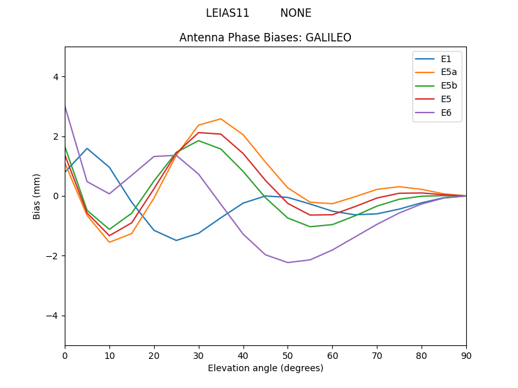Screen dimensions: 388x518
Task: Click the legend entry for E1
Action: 445,59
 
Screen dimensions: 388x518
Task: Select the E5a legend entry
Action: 449,72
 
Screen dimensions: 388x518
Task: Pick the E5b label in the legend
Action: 449,86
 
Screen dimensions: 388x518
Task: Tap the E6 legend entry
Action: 445,113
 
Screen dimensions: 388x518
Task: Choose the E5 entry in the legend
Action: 445,100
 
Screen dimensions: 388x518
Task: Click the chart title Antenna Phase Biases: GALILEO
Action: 265,38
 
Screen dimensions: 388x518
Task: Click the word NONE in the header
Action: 296,13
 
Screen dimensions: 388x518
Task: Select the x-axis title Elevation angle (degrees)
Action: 265,368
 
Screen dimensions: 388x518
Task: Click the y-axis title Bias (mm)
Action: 37,196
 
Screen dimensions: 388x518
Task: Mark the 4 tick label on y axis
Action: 55,76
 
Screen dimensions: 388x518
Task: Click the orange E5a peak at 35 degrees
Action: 221,119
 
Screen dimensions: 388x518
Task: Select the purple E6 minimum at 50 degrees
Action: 287,263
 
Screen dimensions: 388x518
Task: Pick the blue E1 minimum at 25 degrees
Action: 176,241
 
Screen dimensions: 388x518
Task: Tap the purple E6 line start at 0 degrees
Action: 65,105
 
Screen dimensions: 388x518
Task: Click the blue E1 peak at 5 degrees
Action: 87,149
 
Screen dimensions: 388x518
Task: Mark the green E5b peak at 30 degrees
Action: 199,140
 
